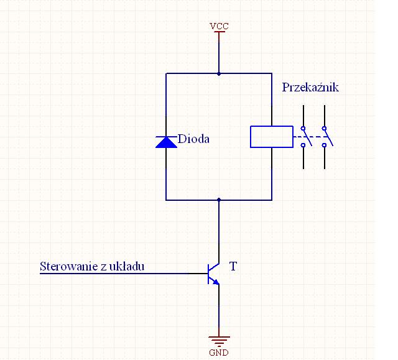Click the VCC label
coord(219,26)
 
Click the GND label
coord(219,353)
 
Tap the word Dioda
coord(193,139)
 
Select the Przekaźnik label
coord(310,87)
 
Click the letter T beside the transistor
coord(233,266)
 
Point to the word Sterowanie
coord(68,266)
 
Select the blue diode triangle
coord(166,142)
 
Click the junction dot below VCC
coord(219,74)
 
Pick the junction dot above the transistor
coord(219,200)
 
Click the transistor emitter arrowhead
coord(216,282)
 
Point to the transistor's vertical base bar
coord(208,274)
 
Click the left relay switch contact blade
coord(307,137)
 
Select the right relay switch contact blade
coord(328,137)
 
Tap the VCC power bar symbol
coord(219,32)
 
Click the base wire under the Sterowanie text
coord(124,274)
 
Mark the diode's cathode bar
coord(166,137)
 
